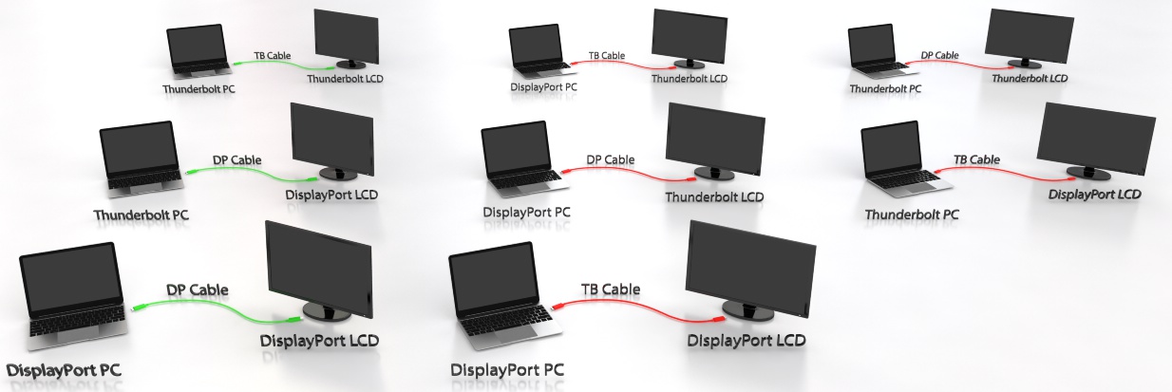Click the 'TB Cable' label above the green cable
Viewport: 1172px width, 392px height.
pos(272,55)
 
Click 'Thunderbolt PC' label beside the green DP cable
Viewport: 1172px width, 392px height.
pos(142,215)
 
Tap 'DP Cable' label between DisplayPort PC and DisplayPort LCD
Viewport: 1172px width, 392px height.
pos(198,289)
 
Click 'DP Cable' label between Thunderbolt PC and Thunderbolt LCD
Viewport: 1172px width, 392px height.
pos(939,55)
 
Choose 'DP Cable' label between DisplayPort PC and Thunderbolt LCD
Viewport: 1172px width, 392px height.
pos(611,159)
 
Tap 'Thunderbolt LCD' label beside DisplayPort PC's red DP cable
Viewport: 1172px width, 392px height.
pos(714,197)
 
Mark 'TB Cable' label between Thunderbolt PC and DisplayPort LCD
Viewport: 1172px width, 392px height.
pos(976,159)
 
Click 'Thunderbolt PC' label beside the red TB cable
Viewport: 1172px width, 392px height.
pos(912,215)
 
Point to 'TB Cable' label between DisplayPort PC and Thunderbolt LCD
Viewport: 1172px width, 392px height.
pos(607,56)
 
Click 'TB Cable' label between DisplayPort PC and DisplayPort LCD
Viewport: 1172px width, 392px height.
pos(611,289)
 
